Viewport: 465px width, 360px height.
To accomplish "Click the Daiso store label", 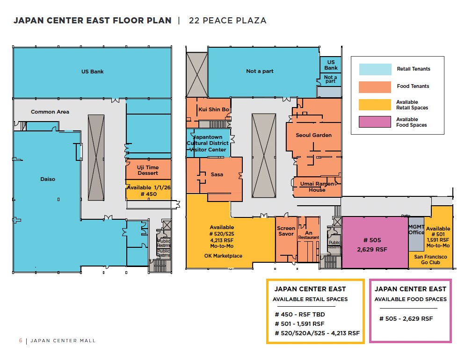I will (x=48, y=179).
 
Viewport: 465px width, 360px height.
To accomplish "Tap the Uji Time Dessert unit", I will (x=147, y=170).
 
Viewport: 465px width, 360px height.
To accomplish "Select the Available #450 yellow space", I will (x=148, y=190).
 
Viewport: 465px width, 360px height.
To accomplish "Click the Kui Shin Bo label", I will (x=214, y=109).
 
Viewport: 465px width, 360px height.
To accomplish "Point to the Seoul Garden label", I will (x=313, y=135).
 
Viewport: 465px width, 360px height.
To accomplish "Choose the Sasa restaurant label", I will (x=217, y=174).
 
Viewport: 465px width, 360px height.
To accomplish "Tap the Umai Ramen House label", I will (x=317, y=187).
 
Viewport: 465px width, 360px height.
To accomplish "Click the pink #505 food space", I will (x=375, y=245).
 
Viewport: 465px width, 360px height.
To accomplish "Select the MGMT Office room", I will (x=416, y=230).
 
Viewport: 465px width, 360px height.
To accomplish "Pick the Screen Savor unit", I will (x=286, y=231).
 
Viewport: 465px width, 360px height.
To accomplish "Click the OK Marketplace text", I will (x=223, y=256).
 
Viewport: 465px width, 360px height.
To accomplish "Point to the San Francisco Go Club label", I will (x=430, y=259).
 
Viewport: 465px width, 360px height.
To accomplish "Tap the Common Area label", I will (x=50, y=112).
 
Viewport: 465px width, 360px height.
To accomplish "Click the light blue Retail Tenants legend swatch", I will (x=375, y=69).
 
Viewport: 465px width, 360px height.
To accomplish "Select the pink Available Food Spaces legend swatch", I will (x=375, y=122).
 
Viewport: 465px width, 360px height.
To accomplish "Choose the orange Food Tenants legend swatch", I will (x=375, y=87).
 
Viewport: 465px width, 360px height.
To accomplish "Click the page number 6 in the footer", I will (x=21, y=340).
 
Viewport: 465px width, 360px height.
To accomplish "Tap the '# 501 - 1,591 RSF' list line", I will (x=299, y=324).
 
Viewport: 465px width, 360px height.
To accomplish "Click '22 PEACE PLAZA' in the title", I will (x=227, y=21).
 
